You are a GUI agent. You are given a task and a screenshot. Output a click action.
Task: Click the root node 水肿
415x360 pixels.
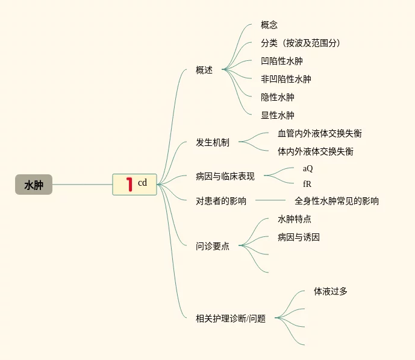(x=34, y=185)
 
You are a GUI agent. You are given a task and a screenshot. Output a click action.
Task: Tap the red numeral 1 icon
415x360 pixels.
(x=128, y=184)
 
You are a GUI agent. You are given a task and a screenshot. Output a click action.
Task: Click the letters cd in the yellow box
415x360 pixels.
(x=142, y=183)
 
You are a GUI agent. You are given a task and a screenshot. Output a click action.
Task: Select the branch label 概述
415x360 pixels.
(x=204, y=70)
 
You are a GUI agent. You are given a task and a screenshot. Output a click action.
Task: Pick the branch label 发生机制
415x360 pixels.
(x=213, y=143)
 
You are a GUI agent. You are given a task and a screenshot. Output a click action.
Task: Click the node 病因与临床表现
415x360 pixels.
(x=225, y=177)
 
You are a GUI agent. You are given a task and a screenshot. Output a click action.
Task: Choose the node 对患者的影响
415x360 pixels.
(x=221, y=201)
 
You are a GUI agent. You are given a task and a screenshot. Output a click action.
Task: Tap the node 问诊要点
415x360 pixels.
(x=213, y=246)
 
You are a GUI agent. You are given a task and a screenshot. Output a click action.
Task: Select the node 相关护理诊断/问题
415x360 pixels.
(x=231, y=318)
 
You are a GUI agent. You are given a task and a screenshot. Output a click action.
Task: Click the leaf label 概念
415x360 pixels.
(x=269, y=25)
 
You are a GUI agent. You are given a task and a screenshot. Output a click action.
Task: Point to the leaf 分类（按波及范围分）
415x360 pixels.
(x=301, y=43)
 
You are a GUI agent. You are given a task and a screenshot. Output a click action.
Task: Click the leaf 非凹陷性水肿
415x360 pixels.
(x=286, y=79)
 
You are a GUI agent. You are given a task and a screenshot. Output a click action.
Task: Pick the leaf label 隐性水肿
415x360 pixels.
(x=278, y=97)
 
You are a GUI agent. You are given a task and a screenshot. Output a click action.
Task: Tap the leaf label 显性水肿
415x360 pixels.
(x=278, y=115)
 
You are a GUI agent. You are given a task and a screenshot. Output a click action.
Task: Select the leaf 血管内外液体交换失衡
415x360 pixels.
(x=320, y=133)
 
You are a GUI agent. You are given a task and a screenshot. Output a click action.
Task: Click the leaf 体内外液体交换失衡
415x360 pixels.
(x=316, y=151)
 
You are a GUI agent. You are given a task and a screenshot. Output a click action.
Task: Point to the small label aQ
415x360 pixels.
(x=308, y=169)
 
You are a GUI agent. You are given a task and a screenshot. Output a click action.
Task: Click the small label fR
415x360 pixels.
(x=307, y=184)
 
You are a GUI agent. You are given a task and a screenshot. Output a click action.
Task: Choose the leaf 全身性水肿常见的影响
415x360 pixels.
(x=337, y=201)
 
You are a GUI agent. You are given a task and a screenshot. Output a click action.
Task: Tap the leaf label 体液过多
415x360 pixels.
(x=331, y=291)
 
